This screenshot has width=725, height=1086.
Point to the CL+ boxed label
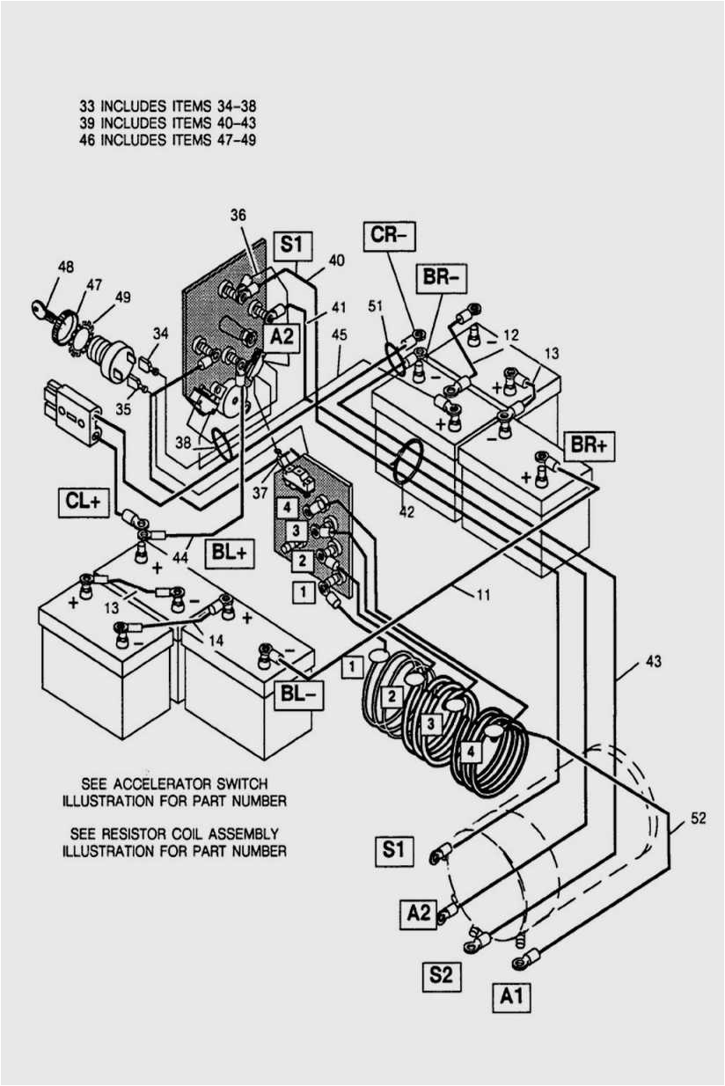(84, 503)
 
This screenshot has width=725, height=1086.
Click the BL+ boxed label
(229, 554)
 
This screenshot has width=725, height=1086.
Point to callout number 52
(698, 818)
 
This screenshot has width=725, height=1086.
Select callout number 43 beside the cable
(652, 661)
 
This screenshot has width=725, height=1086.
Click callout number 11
(482, 596)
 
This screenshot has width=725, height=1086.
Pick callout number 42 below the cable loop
(406, 511)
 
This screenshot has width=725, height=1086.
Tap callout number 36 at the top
(238, 215)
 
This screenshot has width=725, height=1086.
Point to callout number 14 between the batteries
(216, 640)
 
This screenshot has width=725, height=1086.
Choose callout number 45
(339, 334)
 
